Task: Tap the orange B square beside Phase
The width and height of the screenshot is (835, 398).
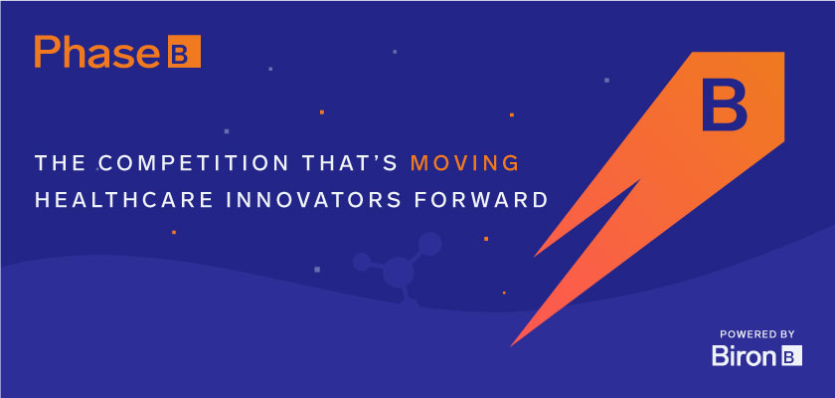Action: [x=184, y=51]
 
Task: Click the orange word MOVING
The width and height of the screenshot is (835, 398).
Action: [x=465, y=163]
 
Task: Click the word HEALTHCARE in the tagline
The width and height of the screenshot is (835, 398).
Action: [x=117, y=199]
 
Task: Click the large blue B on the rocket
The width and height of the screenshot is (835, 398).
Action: [x=725, y=104]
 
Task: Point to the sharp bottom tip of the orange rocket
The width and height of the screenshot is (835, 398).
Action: [x=511, y=346]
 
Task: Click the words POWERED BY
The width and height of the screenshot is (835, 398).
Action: [x=757, y=334]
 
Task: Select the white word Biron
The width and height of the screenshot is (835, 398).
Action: [x=744, y=356]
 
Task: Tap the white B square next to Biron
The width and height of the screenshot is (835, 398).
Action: [x=791, y=356]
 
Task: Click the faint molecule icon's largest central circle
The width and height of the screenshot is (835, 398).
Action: [x=399, y=272]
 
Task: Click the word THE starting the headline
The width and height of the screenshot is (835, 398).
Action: [x=61, y=163]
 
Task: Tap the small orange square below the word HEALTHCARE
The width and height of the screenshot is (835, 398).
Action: [x=174, y=232]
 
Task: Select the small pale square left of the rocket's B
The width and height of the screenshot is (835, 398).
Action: [x=606, y=81]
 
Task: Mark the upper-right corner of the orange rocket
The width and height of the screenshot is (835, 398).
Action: [x=784, y=52]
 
